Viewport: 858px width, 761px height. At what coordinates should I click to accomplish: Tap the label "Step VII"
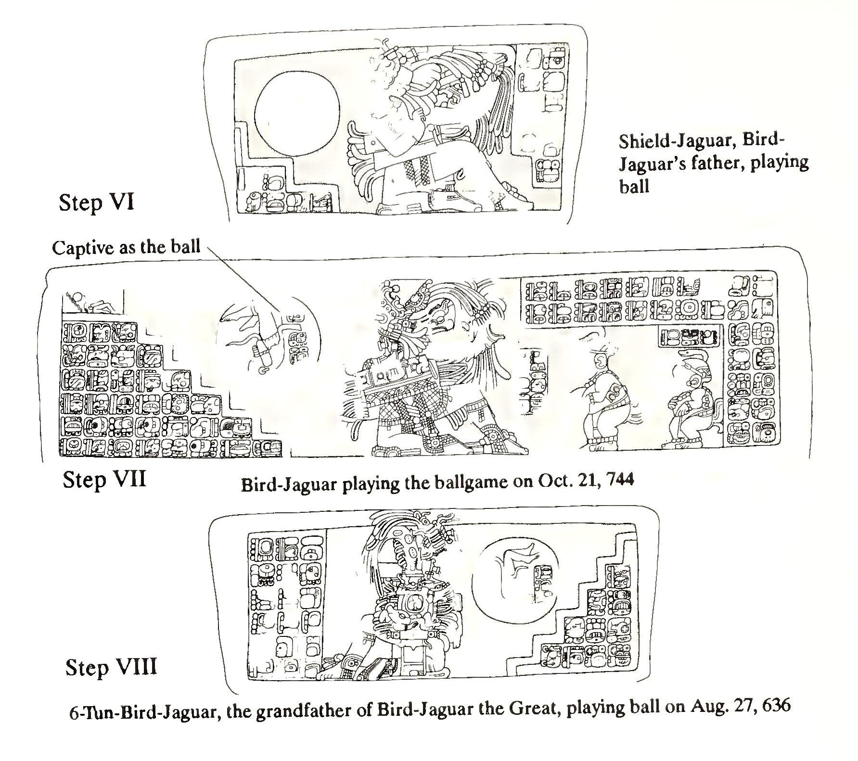104,480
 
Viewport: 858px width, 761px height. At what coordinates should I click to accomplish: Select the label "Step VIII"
111,668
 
